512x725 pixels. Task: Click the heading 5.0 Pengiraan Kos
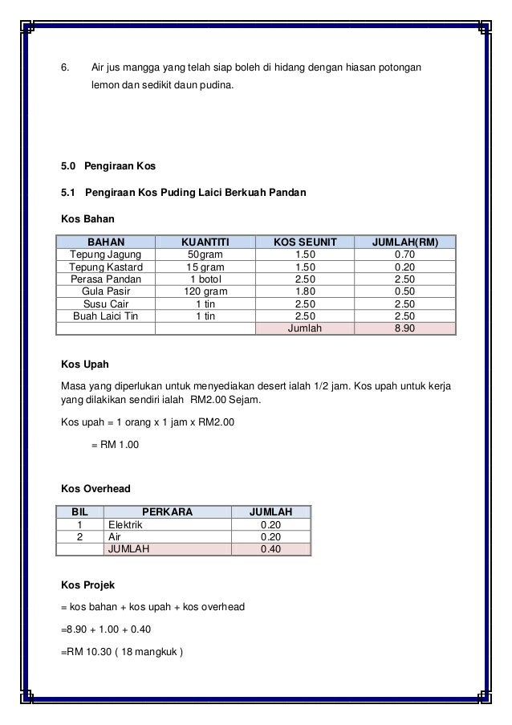(108, 166)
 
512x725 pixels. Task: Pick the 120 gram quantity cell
(205, 291)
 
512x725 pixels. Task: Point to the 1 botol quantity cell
(205, 279)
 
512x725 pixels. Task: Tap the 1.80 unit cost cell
(301, 291)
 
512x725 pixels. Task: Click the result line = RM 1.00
(114, 443)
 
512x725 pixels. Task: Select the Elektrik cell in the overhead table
(124, 525)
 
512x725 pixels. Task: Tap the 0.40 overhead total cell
(271, 550)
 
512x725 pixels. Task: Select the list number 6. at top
(67, 63)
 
